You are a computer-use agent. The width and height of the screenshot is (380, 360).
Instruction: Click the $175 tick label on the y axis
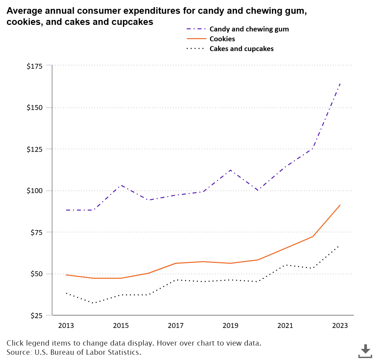coord(34,66)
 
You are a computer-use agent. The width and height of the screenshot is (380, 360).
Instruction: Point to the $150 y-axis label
coord(34,108)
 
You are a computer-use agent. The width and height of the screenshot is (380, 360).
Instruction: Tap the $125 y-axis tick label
coord(34,149)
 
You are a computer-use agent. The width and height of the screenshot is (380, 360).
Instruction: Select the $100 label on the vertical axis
coord(34,191)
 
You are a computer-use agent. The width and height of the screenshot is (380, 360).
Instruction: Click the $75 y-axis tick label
coord(36,232)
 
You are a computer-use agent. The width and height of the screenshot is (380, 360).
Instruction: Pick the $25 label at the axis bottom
coord(36,315)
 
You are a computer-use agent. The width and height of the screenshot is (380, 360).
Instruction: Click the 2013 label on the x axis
coord(66,326)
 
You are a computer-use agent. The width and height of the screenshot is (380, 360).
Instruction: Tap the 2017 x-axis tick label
coord(176,326)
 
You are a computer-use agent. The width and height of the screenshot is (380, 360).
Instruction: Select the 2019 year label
coord(231,326)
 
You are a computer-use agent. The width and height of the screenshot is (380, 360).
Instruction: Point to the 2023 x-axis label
coord(340,326)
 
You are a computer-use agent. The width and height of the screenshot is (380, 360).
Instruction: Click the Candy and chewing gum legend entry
coord(249,29)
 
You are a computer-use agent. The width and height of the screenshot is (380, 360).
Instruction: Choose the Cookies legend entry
coord(222,39)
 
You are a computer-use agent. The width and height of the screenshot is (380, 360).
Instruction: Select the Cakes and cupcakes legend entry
coord(241,49)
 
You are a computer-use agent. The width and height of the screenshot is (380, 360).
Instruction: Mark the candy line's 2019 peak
coord(231,170)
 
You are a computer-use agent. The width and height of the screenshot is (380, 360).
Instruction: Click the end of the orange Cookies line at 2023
coord(340,205)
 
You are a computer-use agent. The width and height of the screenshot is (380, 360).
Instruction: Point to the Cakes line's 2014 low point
coord(94,303)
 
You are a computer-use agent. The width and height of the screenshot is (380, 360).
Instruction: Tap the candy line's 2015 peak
coord(121,185)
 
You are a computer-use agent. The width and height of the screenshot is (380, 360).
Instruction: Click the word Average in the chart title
coord(24,11)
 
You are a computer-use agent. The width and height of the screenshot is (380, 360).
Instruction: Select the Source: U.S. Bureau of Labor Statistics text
coord(74,352)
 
